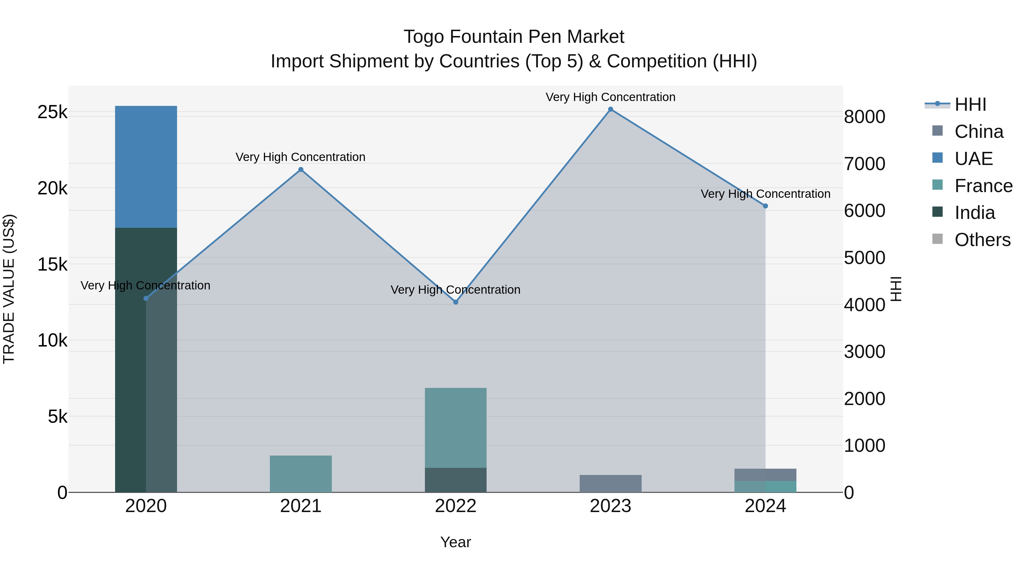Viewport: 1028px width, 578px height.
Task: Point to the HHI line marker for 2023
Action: coord(610,109)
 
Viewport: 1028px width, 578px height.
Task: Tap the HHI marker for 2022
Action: coord(455,302)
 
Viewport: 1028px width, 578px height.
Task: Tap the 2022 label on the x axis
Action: coord(455,506)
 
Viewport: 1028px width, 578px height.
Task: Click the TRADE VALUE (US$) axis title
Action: coord(9,289)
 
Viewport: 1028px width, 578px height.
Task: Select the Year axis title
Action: coord(455,542)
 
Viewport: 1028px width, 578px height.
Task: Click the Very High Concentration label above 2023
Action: coord(610,97)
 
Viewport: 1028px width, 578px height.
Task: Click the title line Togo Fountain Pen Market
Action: coord(514,37)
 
